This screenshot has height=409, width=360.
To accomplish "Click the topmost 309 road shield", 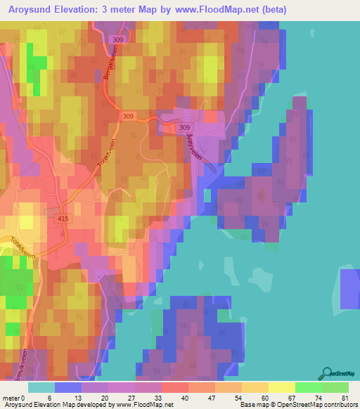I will click(x=117, y=40).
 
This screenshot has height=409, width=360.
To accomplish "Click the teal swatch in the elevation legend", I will click(x=41, y=387).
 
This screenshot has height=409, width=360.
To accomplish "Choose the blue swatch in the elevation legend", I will click(x=68, y=387).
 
